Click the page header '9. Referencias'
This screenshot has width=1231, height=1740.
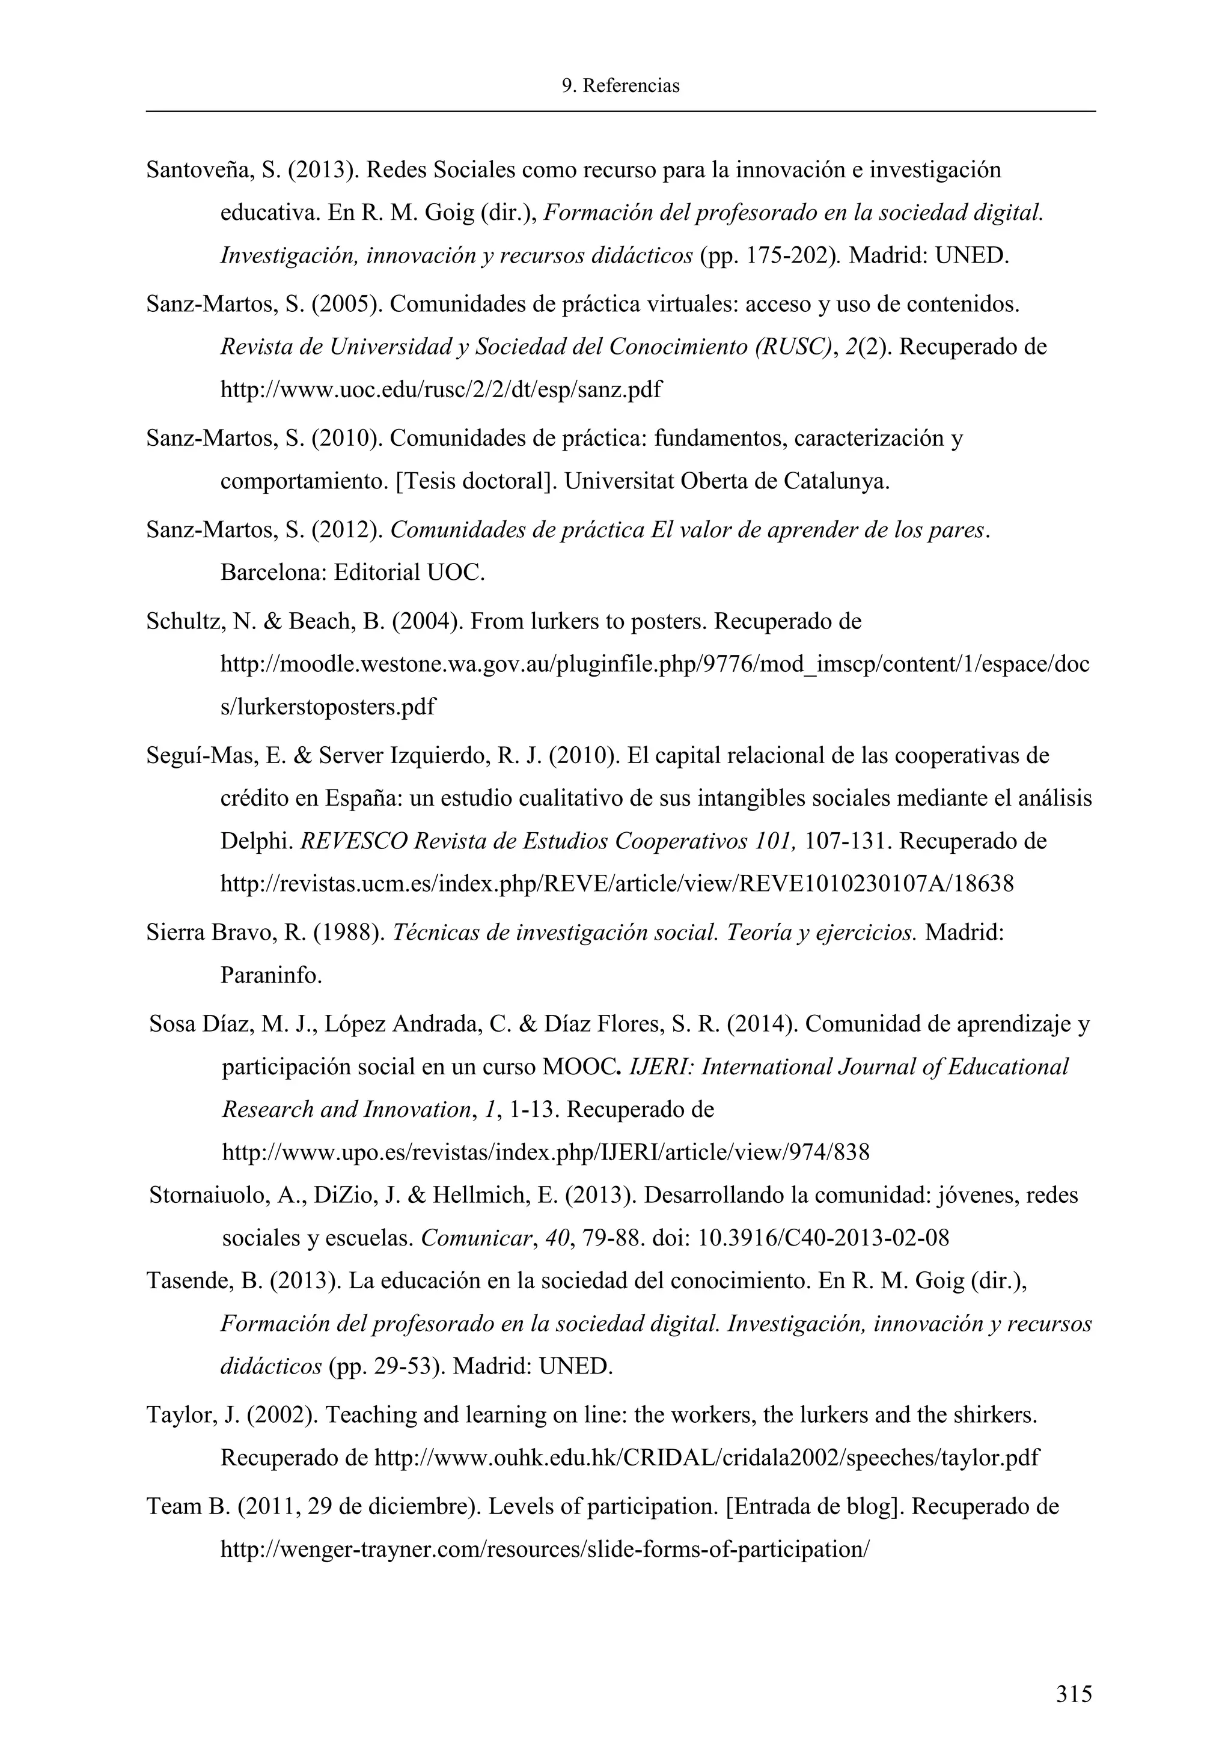(x=620, y=86)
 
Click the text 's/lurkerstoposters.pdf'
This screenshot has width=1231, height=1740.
(x=328, y=707)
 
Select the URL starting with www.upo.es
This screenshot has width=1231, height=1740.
(x=545, y=1152)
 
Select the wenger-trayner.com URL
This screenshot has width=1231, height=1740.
(x=543, y=1549)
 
